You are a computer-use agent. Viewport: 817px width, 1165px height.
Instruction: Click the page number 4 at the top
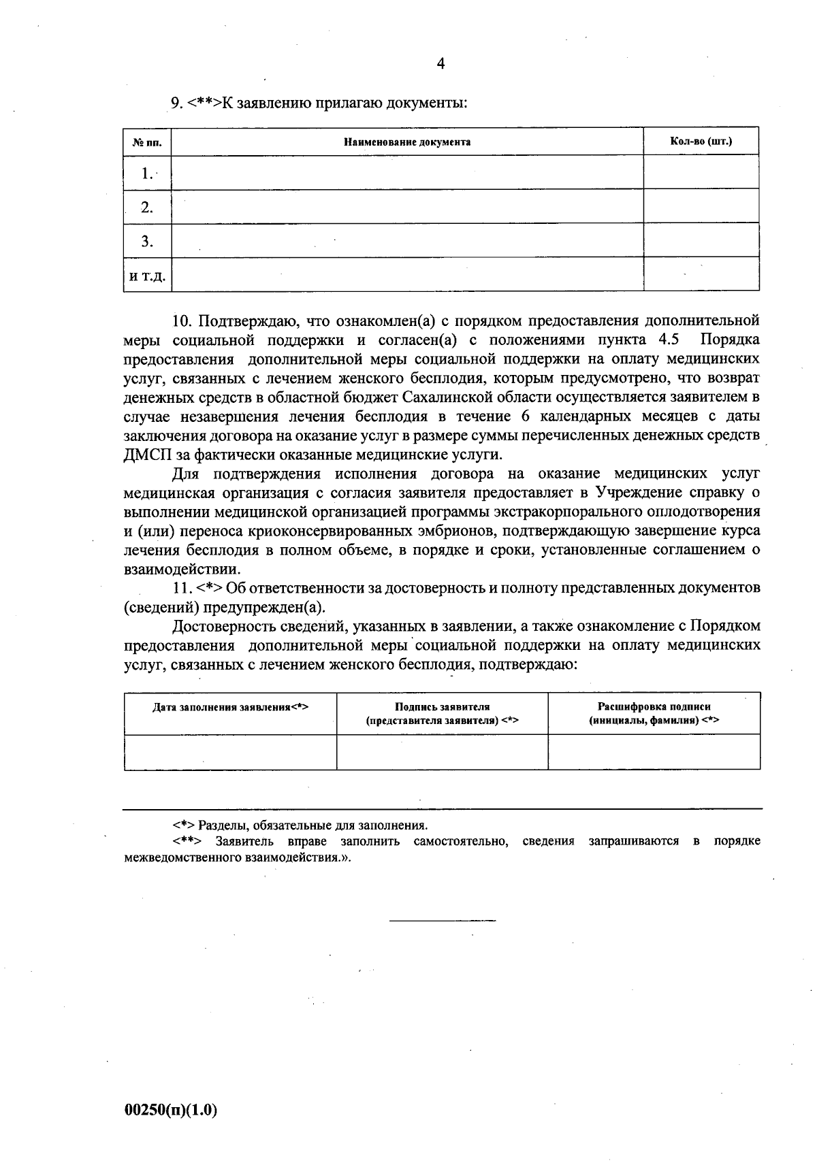pos(440,64)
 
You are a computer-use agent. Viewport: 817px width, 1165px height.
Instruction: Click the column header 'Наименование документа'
pos(406,142)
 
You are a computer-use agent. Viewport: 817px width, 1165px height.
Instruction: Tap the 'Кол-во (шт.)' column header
pos(701,142)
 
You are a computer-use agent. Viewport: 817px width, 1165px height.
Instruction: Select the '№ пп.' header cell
pos(147,143)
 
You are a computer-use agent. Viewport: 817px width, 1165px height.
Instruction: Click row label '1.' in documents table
pos(147,174)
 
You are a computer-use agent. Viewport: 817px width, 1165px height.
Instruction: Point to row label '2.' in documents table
pos(147,208)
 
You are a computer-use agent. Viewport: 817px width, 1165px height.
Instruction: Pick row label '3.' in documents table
pos(147,241)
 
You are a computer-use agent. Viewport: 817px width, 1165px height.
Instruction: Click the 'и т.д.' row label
pos(147,276)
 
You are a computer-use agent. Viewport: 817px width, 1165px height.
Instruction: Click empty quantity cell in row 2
pos(701,206)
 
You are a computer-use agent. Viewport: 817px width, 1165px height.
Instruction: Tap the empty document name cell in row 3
pos(406,240)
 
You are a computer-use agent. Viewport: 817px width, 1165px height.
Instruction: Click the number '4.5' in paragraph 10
pos(669,339)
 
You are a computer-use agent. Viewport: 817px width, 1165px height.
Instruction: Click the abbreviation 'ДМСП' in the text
pos(145,454)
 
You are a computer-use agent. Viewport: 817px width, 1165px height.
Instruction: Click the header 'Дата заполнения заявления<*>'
pos(230,707)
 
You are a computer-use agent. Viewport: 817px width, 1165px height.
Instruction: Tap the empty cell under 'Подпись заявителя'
pos(442,752)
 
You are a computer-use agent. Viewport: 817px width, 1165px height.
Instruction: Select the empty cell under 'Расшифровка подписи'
pos(654,752)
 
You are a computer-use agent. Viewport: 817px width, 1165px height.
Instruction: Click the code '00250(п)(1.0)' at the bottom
pos(170,1110)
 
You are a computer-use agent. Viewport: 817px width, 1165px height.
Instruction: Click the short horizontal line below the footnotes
pos(442,921)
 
